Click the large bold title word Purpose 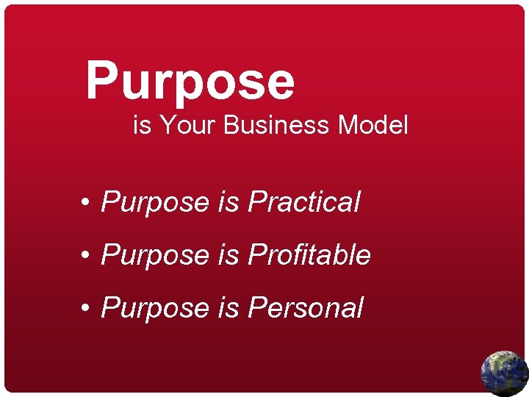click(190, 81)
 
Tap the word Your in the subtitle click(188, 125)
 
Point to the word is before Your click(142, 125)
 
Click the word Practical click(304, 201)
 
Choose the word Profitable click(309, 254)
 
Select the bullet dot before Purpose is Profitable click(87, 256)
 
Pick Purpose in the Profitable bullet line click(155, 256)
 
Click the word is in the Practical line click(228, 201)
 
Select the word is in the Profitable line click(228, 254)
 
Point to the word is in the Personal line click(228, 307)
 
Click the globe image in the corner click(504, 373)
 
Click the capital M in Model click(348, 125)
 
